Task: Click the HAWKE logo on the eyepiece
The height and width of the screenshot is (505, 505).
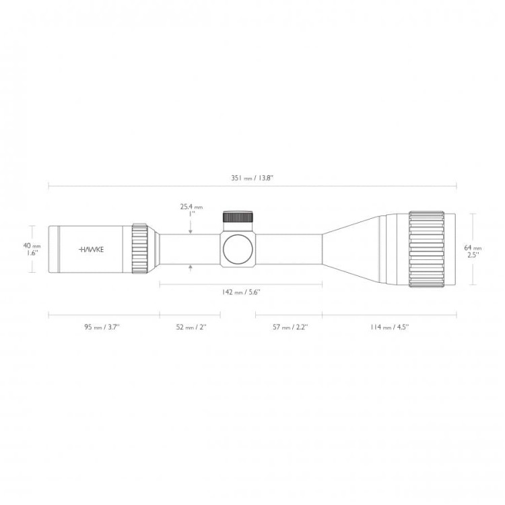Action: [x=95, y=248]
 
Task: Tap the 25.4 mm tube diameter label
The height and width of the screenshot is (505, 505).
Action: [x=191, y=207]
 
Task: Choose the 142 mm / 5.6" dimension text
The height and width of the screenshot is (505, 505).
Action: [x=240, y=293]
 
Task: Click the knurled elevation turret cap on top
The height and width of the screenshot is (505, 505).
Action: [x=238, y=217]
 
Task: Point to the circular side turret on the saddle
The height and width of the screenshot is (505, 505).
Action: [x=238, y=248]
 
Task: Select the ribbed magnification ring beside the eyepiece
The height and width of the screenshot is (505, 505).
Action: [x=140, y=248]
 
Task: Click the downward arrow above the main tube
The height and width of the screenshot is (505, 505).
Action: [x=192, y=230]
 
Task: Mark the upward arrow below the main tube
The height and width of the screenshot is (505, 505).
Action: [x=192, y=267]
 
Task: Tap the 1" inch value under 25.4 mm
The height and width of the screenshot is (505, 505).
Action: [x=191, y=214]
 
